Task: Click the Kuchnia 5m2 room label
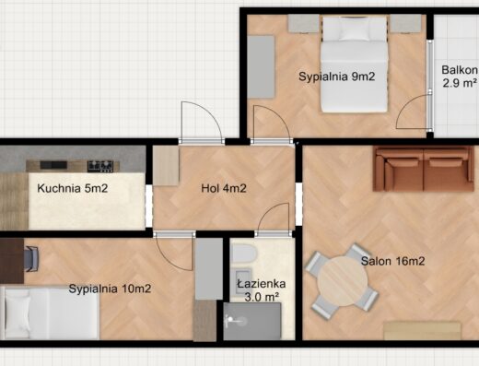73,188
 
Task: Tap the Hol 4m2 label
224,188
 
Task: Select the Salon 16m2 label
392,261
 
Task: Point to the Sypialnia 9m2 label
337,77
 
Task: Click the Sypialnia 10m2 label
110,289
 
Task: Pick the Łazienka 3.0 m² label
262,289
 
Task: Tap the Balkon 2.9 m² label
460,77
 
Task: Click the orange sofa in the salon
424,169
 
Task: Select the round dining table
343,281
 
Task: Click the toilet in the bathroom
244,254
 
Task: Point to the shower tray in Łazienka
252,321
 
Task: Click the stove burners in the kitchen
100,166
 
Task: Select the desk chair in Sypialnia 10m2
31,259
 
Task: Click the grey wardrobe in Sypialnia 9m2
261,67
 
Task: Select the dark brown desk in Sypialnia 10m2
12,261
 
